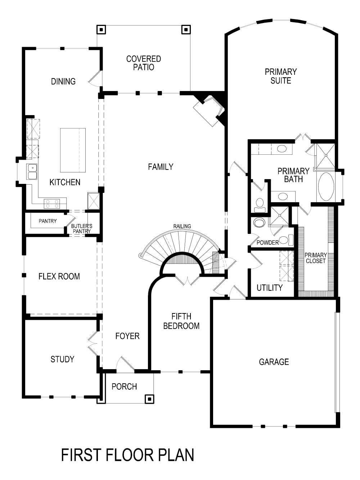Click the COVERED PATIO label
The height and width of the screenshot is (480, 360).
tap(143, 63)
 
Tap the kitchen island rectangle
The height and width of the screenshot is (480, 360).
tap(73, 150)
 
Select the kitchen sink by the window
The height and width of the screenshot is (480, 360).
tap(32, 172)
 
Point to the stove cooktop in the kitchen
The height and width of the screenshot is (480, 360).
tap(52, 204)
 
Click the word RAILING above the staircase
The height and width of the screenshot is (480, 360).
tap(182, 226)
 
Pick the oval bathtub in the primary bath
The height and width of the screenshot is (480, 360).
tap(326, 187)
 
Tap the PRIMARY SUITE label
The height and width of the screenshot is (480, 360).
tap(280, 76)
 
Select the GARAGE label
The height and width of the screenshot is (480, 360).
tap(274, 362)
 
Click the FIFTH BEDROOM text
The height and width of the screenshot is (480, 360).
tap(181, 321)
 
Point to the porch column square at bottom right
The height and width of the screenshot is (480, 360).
tap(149, 399)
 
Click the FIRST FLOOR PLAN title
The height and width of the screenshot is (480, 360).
tap(127, 455)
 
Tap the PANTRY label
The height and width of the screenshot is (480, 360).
tap(48, 221)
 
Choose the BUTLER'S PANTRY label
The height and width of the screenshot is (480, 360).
tap(82, 228)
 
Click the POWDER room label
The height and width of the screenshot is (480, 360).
tap(267, 243)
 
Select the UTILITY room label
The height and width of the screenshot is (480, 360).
tap(269, 287)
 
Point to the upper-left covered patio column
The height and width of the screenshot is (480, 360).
tap(101, 30)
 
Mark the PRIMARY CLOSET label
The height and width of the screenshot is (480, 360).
tap(315, 258)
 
